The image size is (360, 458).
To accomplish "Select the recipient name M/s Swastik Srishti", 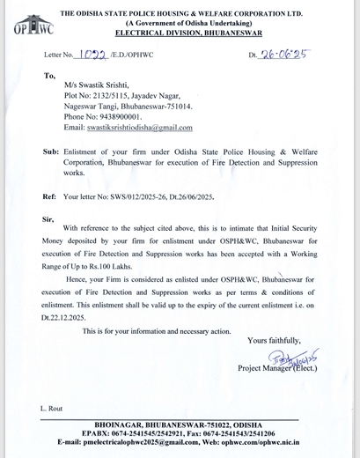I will [x=96, y=91].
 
